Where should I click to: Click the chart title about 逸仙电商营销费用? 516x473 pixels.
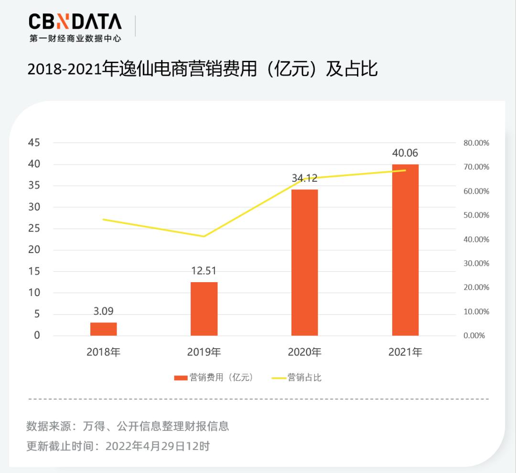coord(203,69)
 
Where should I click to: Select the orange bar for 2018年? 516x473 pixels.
coord(104,329)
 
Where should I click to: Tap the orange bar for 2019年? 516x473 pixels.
coord(204,309)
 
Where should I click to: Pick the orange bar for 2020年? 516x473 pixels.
coord(304,263)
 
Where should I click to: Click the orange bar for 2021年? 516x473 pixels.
coord(405,250)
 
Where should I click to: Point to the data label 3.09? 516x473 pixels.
coord(104,311)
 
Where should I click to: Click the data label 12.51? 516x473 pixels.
coord(204,271)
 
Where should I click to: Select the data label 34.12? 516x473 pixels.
coord(304,178)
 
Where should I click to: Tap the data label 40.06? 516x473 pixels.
coord(405,153)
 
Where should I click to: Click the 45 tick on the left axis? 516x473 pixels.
coord(34,143)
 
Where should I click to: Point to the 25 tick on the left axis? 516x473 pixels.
coord(34,228)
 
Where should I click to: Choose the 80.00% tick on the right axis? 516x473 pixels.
coord(476,143)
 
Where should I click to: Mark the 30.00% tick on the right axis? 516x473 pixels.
coord(476,263)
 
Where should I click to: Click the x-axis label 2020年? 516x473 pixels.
coord(304,352)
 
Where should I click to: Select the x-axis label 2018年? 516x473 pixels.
coord(104,352)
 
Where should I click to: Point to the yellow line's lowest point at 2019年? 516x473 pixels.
coord(204,236)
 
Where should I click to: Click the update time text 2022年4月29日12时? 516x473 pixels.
coord(158,446)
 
